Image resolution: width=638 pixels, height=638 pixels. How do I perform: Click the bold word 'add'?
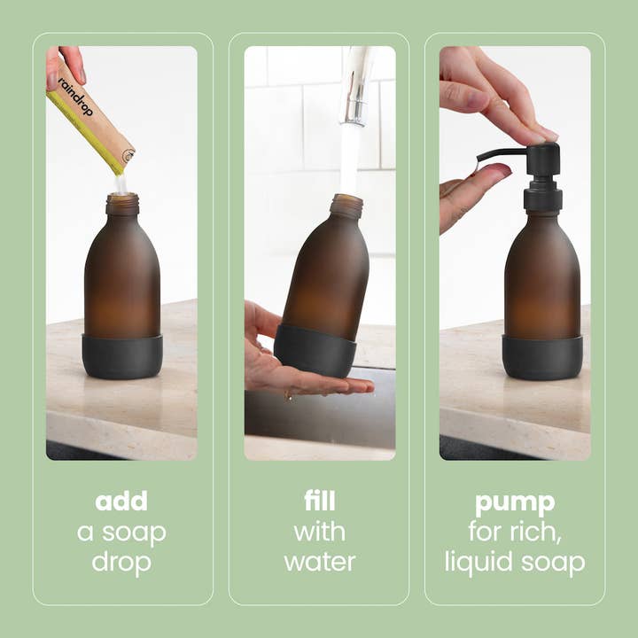[121, 502]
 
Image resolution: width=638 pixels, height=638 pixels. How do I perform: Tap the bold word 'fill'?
[319, 502]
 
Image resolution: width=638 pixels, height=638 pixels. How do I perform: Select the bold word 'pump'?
[515, 502]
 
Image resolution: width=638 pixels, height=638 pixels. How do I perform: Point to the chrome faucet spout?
[356, 84]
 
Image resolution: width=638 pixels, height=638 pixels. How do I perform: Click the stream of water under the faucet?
[350, 159]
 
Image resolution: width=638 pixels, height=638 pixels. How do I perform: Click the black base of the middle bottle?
[315, 350]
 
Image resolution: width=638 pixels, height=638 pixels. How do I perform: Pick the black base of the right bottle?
[541, 357]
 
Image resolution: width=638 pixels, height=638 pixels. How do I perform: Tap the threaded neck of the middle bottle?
[346, 206]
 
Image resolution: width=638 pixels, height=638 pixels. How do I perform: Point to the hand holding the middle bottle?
[284, 363]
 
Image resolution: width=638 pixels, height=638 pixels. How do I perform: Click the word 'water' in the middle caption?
[319, 562]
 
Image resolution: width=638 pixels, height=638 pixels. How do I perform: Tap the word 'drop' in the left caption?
[121, 562]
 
